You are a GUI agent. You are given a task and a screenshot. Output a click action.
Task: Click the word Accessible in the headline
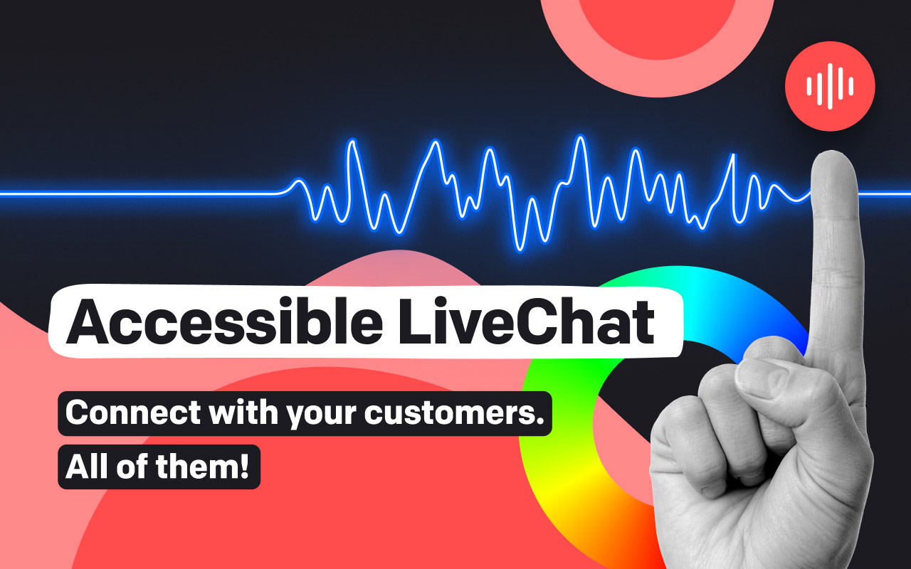[x=224, y=321]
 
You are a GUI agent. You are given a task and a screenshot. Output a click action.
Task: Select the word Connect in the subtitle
[x=133, y=413]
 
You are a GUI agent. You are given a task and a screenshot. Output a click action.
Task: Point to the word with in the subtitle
[x=243, y=412]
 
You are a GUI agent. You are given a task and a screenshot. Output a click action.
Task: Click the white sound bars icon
[x=830, y=86]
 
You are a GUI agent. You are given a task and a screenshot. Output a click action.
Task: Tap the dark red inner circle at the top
[x=658, y=24]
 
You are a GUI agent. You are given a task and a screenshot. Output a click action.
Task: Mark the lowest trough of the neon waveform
[x=520, y=249]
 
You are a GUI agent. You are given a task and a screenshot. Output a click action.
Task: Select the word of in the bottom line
[x=132, y=467]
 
